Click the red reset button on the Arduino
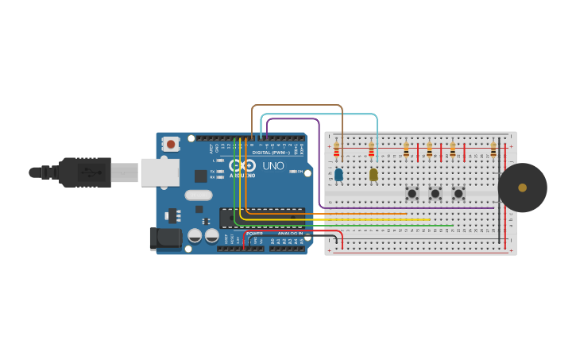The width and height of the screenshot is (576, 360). point(170,144)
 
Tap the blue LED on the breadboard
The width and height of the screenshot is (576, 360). point(338,174)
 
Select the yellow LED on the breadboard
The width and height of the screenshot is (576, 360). point(373,174)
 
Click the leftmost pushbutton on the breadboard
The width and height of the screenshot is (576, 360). point(412,193)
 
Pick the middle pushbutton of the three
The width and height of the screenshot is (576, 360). point(435,193)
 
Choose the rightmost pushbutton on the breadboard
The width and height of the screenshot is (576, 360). point(458,193)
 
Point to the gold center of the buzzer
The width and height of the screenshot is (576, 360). point(522,188)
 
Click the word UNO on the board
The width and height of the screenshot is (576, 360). point(273,166)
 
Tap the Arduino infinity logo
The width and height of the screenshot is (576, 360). point(242,165)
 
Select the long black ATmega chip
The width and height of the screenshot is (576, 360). point(262,218)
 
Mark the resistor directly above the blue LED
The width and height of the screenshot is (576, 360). point(336,150)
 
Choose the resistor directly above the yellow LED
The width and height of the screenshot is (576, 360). point(371,150)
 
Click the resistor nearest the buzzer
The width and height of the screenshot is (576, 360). point(493,150)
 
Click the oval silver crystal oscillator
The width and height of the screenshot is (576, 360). point(199,195)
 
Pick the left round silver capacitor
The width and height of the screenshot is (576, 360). point(195,235)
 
